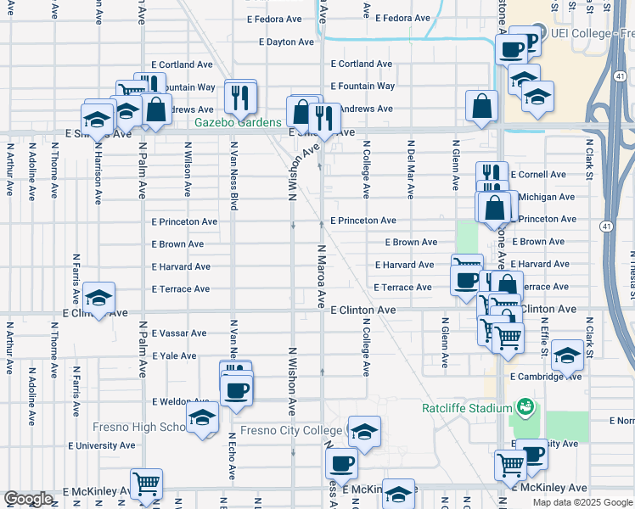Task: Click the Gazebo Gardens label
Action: click(x=238, y=122)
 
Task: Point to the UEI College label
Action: click(x=592, y=34)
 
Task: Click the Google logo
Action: click(x=28, y=499)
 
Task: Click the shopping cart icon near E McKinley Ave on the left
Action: click(x=147, y=484)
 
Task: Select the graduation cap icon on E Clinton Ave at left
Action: click(x=99, y=298)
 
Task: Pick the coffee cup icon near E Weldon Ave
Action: click(x=237, y=390)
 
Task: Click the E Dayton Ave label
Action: click(x=285, y=42)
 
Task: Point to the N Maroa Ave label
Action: click(x=322, y=276)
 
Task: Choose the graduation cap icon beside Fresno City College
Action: click(x=364, y=432)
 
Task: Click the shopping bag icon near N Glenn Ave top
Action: click(x=481, y=106)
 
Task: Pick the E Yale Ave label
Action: click(x=173, y=356)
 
